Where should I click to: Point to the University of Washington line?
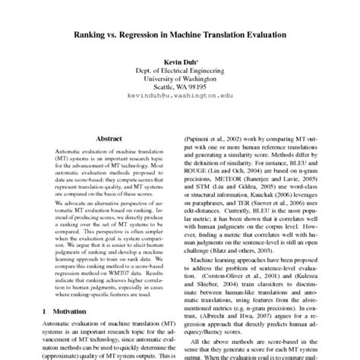(x=179, y=78)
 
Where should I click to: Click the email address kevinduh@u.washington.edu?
(x=179, y=97)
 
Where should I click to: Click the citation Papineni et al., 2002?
(x=216, y=141)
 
